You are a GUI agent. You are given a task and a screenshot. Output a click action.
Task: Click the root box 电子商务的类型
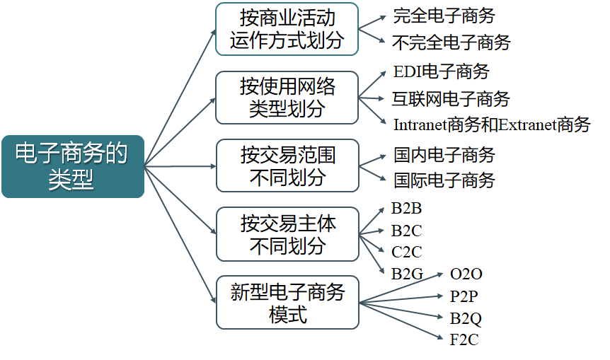point(72,166)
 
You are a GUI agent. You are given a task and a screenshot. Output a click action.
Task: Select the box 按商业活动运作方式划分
point(287,29)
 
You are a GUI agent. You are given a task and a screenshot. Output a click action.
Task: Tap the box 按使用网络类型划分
point(287,98)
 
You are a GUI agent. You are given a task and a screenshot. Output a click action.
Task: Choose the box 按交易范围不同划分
point(287,166)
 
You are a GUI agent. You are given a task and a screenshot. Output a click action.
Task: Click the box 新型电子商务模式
point(287,303)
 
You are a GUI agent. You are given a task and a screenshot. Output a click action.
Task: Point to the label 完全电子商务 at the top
point(444,16)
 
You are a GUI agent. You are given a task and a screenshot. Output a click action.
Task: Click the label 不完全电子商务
point(451,42)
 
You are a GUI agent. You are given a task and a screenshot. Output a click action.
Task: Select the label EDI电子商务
point(441,71)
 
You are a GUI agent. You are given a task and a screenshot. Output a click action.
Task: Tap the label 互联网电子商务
point(451,98)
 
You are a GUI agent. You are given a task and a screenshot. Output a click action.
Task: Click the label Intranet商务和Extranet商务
point(492,125)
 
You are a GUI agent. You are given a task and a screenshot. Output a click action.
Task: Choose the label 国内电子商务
point(444,154)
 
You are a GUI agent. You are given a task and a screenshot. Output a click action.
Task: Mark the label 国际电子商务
point(444,180)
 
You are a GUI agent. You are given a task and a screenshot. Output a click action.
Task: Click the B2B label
point(406,209)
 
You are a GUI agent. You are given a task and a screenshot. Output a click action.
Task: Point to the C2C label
point(406,251)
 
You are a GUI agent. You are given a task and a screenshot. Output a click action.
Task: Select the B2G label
point(407,273)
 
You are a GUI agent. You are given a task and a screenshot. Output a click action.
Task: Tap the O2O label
point(466,274)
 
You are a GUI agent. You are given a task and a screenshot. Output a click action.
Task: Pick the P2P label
point(464,296)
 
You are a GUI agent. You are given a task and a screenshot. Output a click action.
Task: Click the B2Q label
point(466,318)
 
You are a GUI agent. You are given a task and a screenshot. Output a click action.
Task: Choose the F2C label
point(464,340)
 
